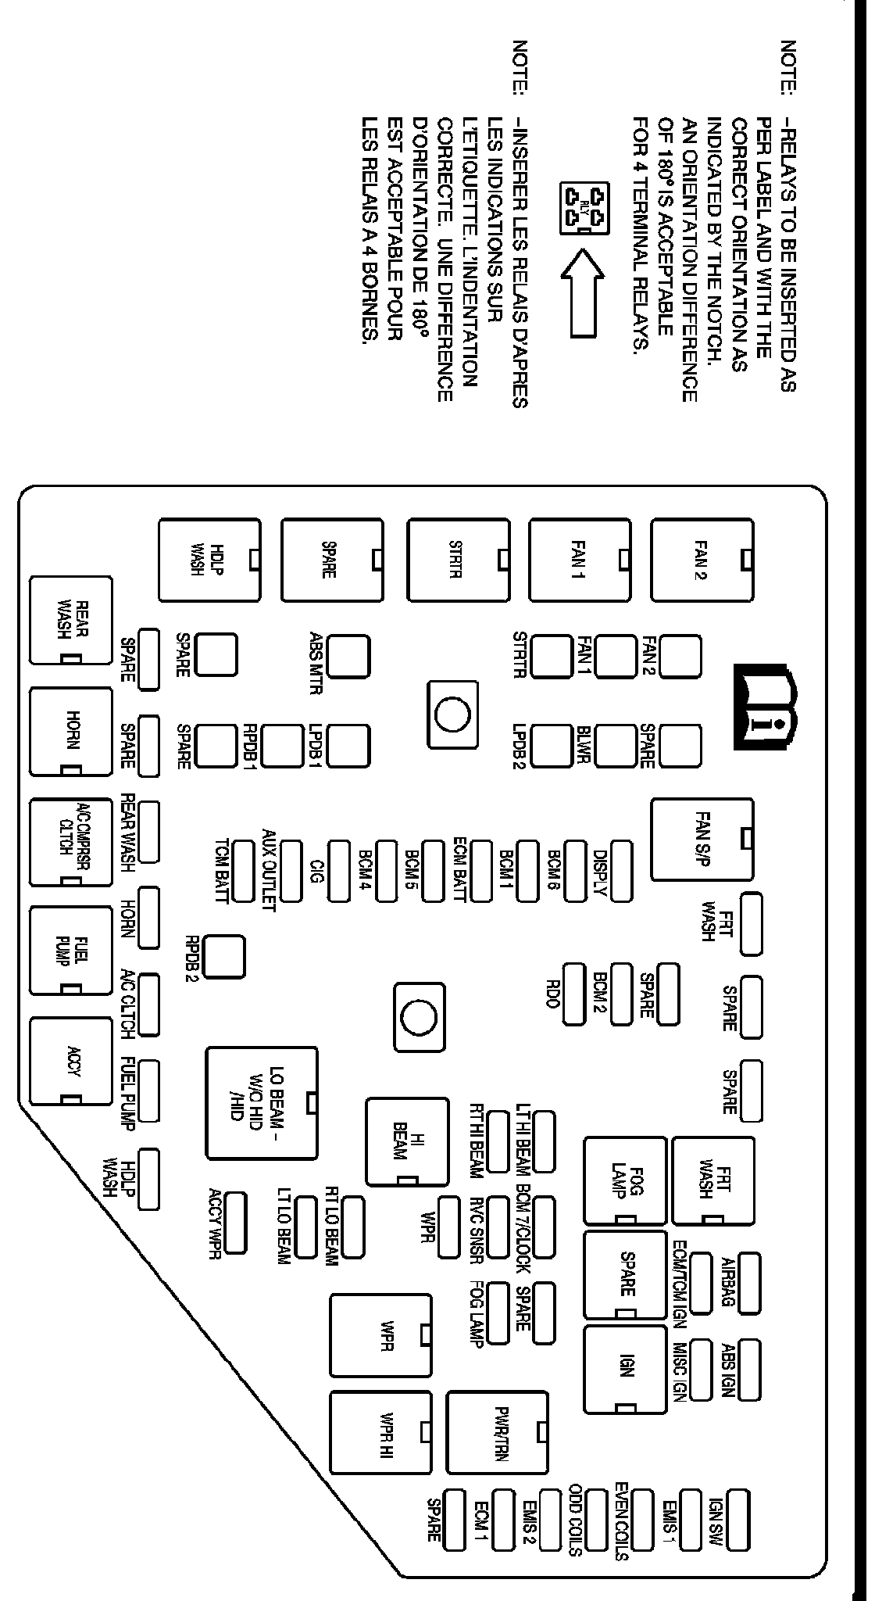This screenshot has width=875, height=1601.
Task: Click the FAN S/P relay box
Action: point(702,850)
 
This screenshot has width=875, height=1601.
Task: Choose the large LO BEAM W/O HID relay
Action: point(262,1102)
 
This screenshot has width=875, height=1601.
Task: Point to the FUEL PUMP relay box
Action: point(70,951)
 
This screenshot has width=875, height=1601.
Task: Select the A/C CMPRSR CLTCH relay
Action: point(70,841)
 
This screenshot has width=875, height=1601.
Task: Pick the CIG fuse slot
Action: point(340,871)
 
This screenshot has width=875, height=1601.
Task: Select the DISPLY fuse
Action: point(621,871)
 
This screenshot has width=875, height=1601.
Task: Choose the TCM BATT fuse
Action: point(245,871)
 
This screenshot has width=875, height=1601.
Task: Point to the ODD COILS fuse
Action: point(597,1519)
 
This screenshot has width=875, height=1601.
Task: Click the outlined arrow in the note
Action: point(583,292)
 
